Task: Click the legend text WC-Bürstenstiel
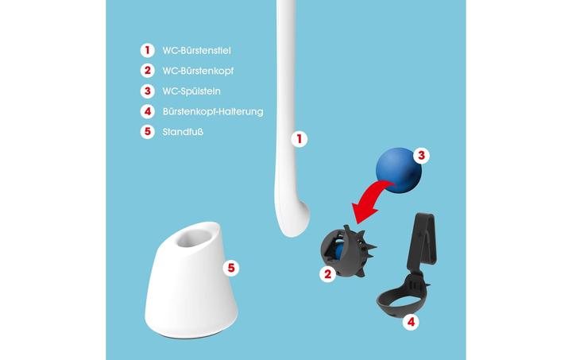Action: pyautogui.click(x=196, y=50)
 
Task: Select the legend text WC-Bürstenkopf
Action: pyautogui.click(x=198, y=71)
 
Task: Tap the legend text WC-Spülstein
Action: pyautogui.click(x=191, y=91)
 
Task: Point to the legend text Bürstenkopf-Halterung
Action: pyautogui.click(x=212, y=112)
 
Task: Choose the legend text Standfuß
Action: pyautogui.click(x=183, y=132)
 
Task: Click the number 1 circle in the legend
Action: pyautogui.click(x=147, y=50)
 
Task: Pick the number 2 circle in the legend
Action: pyautogui.click(x=147, y=71)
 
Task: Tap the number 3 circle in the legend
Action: pyautogui.click(x=147, y=91)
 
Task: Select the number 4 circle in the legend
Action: pyautogui.click(x=147, y=112)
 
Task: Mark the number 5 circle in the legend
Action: pyautogui.click(x=147, y=132)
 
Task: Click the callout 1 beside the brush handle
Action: pyautogui.click(x=299, y=139)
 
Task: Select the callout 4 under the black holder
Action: pyautogui.click(x=411, y=322)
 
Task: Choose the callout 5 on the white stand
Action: pyautogui.click(x=231, y=268)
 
